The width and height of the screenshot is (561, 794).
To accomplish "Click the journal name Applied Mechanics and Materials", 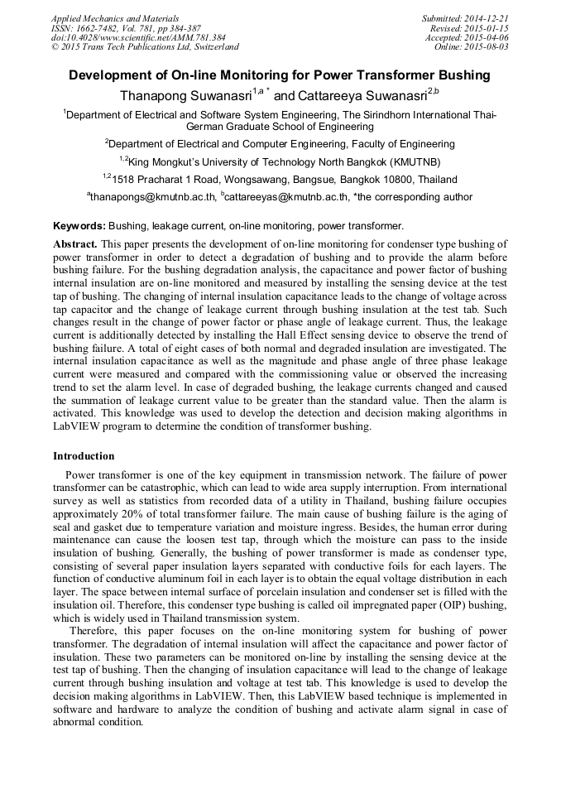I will pos(115,18).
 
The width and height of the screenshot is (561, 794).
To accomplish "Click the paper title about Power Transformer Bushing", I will pos(280,75).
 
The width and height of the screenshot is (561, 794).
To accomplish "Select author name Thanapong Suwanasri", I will pos(186,95).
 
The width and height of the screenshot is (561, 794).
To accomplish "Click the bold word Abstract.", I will pos(75,244).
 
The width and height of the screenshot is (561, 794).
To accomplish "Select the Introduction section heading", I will pos(84,456).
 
